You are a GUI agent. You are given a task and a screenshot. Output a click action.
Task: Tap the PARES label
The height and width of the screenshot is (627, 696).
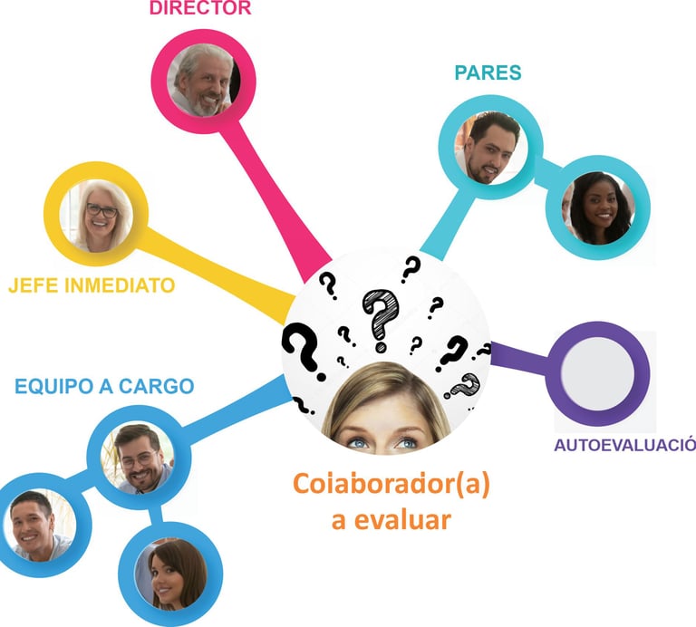489,73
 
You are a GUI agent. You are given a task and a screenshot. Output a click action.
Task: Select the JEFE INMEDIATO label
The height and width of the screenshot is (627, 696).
92,285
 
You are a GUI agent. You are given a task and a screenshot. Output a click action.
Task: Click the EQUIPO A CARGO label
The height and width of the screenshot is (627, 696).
104,387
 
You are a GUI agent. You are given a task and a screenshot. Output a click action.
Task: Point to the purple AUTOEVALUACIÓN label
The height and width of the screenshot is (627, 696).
623,445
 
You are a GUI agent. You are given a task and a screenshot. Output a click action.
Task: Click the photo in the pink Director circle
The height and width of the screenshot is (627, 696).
202,81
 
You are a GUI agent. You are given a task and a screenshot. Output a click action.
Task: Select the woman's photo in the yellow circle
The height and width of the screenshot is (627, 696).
96,215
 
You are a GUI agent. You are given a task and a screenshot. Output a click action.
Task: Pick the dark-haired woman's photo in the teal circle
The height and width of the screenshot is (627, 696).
598,207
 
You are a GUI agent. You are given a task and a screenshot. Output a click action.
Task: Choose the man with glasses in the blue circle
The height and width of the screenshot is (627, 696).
138,457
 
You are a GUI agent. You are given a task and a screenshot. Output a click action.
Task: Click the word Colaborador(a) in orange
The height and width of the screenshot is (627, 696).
391,485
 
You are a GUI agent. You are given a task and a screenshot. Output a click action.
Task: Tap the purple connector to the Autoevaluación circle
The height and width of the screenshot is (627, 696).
521,360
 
